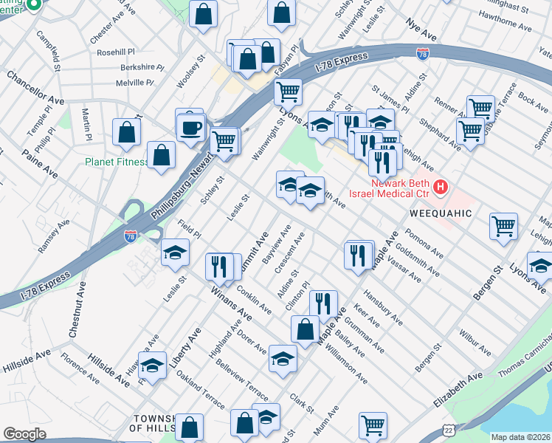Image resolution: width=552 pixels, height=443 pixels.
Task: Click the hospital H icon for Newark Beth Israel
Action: [x=441, y=188]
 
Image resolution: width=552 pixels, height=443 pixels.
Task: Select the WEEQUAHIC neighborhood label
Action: [x=440, y=213]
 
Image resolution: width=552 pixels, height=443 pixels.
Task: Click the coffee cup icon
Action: [x=190, y=126]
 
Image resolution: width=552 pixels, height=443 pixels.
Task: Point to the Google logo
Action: [x=24, y=433]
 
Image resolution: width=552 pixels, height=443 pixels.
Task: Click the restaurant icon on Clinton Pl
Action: [x=323, y=303]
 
